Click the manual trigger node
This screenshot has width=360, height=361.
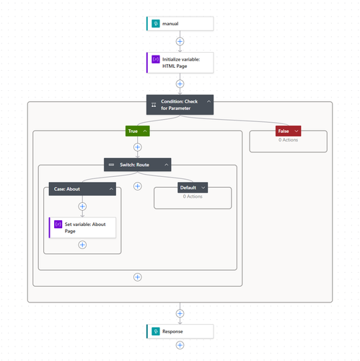point(180,24)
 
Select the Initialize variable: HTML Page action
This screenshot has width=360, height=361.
point(180,63)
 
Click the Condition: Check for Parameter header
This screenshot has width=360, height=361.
point(180,105)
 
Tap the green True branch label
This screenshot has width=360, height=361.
point(138,131)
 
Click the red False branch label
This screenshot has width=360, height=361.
point(288,131)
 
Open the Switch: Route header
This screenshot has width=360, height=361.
point(138,165)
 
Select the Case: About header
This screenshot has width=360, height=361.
point(82,189)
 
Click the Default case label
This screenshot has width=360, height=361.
point(193,188)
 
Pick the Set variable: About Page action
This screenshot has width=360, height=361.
point(82,227)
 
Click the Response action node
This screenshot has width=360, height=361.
point(180,331)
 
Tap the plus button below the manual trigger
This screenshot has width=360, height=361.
point(180,41)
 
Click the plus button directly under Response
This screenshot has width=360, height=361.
point(180,345)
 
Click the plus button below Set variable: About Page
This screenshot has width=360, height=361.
point(82,245)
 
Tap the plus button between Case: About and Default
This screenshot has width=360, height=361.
point(138,186)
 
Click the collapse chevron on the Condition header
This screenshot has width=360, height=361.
point(208,102)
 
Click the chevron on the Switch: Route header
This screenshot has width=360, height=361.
point(167,165)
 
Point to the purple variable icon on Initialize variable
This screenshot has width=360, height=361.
point(156,59)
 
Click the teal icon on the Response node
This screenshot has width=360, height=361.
point(156,331)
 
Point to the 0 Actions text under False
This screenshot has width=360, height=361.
point(288,140)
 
